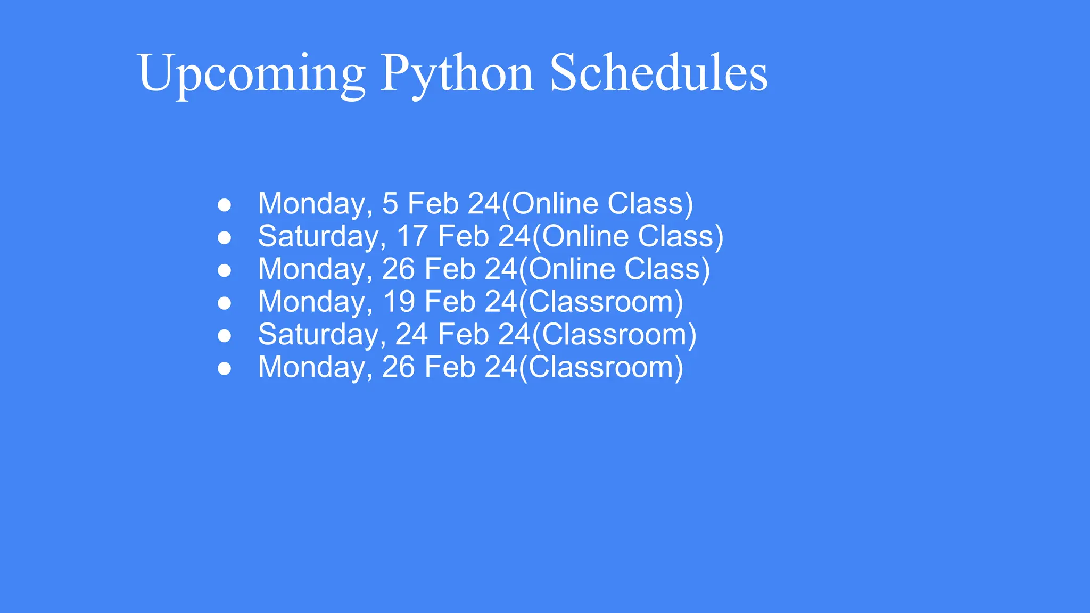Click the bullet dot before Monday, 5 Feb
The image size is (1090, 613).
pos(225,205)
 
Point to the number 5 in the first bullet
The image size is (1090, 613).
pos(390,204)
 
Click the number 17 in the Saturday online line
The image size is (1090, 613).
pos(412,237)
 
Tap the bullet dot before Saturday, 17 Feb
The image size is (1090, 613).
pos(225,238)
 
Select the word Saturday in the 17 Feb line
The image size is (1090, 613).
pos(321,237)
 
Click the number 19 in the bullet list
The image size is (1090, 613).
pos(399,302)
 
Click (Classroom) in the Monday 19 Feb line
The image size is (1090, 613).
pos(601,302)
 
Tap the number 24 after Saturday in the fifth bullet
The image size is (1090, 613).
pos(411,335)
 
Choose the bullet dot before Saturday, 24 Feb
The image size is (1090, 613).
pos(225,336)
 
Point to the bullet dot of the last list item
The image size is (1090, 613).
pos(225,368)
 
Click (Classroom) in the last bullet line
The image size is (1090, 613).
pos(601,368)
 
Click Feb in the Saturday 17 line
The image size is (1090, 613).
pos(463,237)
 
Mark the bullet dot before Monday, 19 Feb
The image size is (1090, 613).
pos(225,303)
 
